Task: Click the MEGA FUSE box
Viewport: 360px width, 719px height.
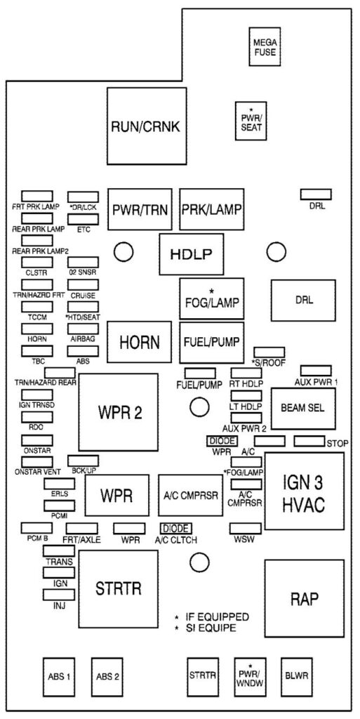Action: (x=265, y=47)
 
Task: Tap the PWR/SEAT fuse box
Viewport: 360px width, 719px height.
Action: (x=251, y=121)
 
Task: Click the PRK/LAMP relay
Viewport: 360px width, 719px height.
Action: (x=211, y=209)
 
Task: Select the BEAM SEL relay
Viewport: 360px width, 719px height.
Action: (x=302, y=408)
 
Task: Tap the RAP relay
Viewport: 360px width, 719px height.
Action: (x=304, y=599)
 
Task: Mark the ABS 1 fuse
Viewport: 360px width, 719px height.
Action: (x=58, y=678)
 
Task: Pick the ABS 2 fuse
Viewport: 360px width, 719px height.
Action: (x=109, y=678)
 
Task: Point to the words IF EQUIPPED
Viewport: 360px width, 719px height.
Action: (x=217, y=616)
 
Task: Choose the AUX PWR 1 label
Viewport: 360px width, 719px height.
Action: (x=316, y=382)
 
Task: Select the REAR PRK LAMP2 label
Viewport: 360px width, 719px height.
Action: (x=41, y=251)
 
